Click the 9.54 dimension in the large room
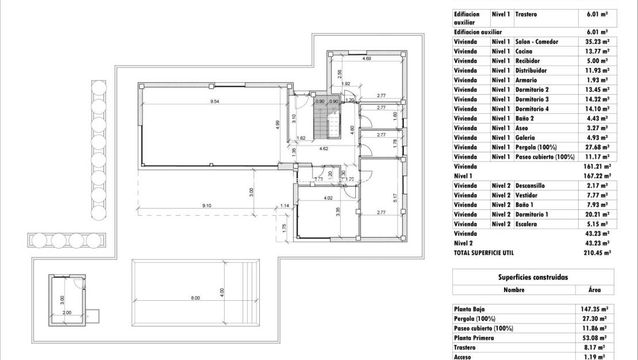click(215, 101)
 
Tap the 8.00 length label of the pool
click(195, 298)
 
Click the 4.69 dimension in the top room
click(366, 59)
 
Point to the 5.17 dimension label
click(395, 197)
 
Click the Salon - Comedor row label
click(537, 41)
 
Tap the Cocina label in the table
click(524, 51)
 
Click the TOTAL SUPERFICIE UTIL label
click(483, 252)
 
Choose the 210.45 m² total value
click(597, 252)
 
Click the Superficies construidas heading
click(533, 277)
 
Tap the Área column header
click(595, 290)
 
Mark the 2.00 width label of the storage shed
click(67, 313)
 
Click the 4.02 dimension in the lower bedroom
click(328, 198)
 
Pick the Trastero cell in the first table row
click(526, 14)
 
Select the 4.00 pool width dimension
click(222, 292)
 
